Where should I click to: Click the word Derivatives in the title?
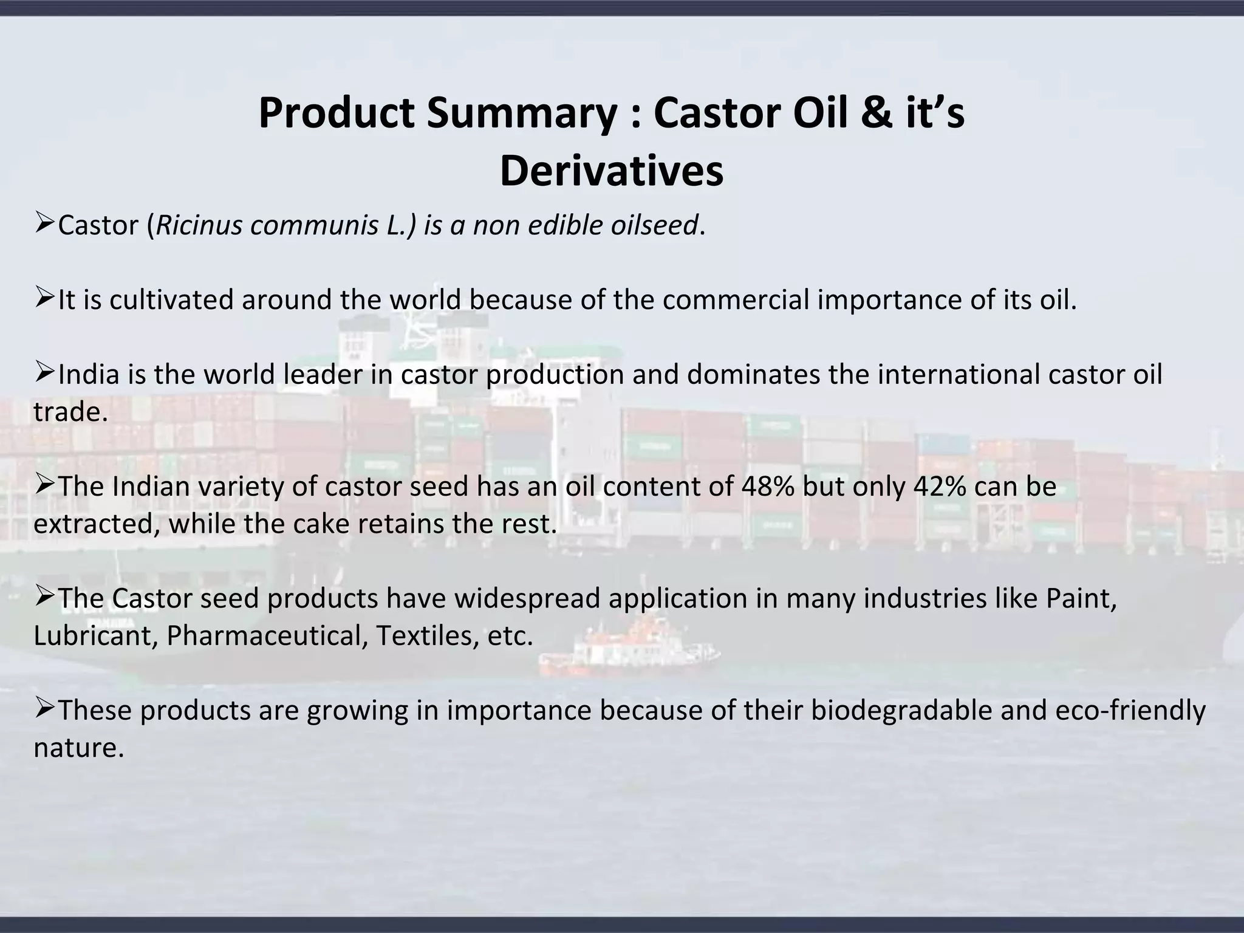pyautogui.click(x=611, y=171)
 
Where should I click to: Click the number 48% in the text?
pyautogui.click(x=768, y=487)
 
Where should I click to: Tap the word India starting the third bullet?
pyautogui.click(x=89, y=374)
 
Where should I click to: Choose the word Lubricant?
pyautogui.click(x=95, y=636)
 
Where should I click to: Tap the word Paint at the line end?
pyautogui.click(x=1079, y=599)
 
